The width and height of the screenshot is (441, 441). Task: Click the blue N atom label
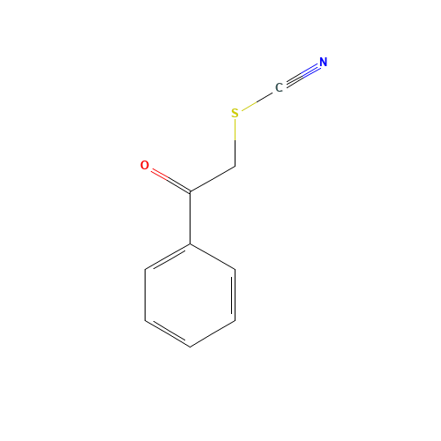point(323,63)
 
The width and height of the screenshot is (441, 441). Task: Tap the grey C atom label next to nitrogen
point(279,87)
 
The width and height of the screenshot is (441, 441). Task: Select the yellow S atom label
point(235,113)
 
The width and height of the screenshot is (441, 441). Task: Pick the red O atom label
point(145,165)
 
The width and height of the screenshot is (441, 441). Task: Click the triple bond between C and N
point(301,75)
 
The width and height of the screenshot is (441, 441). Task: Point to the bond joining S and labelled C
point(257,101)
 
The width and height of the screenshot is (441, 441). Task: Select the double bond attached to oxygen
point(168,178)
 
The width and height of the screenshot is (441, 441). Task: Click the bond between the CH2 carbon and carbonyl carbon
point(213,178)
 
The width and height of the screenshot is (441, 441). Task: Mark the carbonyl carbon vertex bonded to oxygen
point(190,191)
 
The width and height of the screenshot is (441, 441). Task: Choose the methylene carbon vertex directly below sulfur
point(235,165)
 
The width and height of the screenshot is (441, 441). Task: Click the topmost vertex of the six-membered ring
point(190,243)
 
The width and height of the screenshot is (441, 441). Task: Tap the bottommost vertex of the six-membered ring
point(190,347)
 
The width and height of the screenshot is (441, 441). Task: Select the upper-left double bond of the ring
point(168,256)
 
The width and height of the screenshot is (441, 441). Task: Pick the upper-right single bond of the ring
point(213,256)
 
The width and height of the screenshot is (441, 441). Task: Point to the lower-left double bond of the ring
point(168,333)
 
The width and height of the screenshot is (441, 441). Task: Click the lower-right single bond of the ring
point(213,333)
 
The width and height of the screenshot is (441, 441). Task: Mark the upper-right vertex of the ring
point(235,268)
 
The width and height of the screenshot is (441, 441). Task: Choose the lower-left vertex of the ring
point(146,320)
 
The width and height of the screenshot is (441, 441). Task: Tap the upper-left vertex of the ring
point(146,268)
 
